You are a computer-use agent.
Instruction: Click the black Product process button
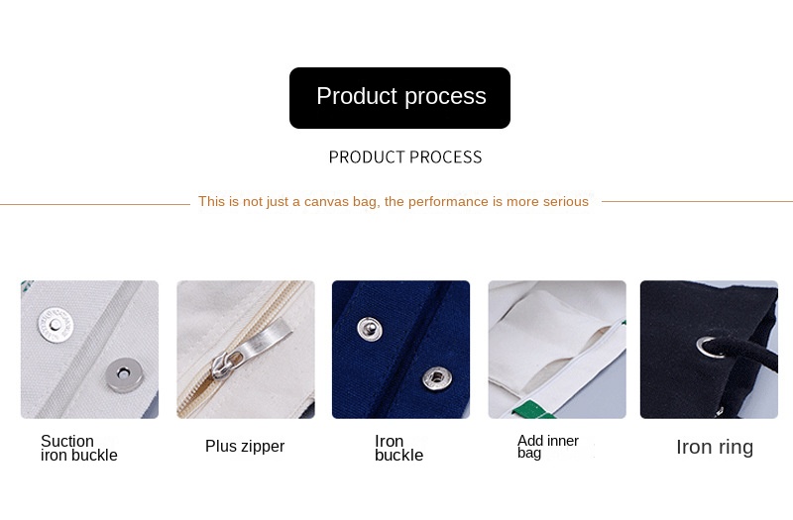click(399, 97)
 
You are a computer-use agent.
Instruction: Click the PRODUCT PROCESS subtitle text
click(404, 156)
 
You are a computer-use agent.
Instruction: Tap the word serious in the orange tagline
click(566, 202)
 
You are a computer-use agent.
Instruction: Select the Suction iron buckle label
click(78, 449)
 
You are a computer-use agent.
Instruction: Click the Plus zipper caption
click(245, 447)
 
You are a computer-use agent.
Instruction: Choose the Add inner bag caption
click(547, 447)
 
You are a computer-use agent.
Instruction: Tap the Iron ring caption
click(715, 447)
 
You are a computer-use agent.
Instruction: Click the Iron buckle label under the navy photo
click(398, 449)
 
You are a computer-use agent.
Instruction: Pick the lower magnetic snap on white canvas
click(121, 372)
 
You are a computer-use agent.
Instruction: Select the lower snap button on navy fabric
click(434, 375)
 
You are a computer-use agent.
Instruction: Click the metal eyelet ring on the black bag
click(709, 345)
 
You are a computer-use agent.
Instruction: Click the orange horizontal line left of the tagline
click(94, 204)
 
